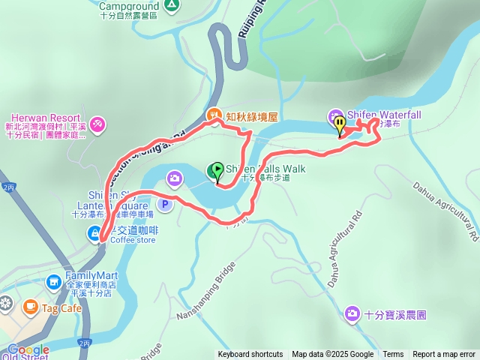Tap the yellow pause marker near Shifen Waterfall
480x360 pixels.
tap(340, 124)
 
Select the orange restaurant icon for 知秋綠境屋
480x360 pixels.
tap(213, 115)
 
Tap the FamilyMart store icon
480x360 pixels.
tap(54, 282)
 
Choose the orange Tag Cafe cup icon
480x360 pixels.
tap(30, 306)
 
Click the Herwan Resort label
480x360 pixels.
tap(34, 117)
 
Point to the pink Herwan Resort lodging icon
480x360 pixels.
tap(96, 122)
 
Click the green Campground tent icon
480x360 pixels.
tap(172, 4)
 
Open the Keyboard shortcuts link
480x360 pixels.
tap(250, 355)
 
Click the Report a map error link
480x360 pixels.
tap(444, 355)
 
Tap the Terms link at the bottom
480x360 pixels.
tap(393, 355)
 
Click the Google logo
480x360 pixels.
tap(28, 349)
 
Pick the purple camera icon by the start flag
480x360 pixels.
tap(175, 178)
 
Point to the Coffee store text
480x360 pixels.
tap(133, 240)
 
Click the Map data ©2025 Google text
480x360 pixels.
tap(332, 355)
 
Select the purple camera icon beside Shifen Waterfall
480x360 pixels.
tap(334, 115)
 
